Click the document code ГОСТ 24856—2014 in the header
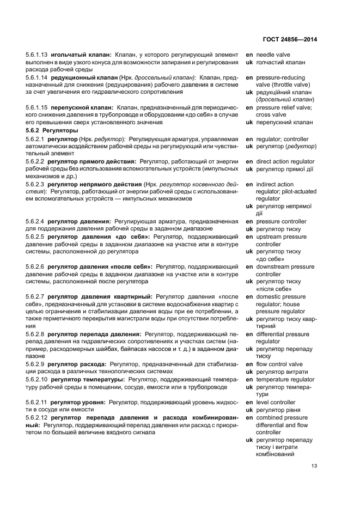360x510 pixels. point(291,40)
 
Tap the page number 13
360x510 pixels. point(314,465)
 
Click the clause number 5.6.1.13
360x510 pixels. point(36,55)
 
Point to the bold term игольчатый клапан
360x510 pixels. point(81,55)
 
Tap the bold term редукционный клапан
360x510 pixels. point(85,78)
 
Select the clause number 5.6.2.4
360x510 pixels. point(35,222)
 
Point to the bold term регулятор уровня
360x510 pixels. point(77,402)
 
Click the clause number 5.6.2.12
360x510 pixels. point(36,417)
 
